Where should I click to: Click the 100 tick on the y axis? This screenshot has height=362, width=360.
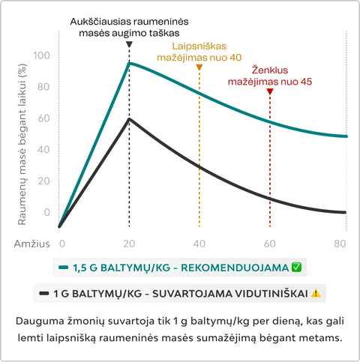point(42,55)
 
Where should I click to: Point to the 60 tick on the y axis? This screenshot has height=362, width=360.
point(44,118)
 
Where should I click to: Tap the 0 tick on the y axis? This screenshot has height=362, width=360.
point(47,212)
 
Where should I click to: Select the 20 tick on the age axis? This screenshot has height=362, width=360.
point(129,244)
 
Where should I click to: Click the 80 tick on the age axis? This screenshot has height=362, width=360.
point(340,244)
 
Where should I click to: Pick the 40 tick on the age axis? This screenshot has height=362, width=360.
point(199,244)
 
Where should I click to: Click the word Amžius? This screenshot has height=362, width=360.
point(32,244)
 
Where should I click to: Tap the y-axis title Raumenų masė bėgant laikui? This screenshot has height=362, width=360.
point(22,145)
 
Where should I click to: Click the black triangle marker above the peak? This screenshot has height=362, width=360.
point(129,44)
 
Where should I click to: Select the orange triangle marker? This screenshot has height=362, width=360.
point(199,67)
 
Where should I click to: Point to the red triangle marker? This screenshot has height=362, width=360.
point(270,91)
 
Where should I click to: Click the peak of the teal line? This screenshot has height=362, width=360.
point(129,64)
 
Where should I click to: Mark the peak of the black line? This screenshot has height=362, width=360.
point(129,119)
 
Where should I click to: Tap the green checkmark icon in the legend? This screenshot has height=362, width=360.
point(296,268)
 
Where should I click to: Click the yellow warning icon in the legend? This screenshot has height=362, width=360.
point(316,293)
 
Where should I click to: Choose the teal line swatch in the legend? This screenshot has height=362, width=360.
point(63,268)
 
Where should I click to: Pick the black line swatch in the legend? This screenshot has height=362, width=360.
point(44,293)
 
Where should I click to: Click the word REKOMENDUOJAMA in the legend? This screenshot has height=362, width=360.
point(235,268)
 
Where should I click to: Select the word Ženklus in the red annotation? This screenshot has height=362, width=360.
point(270,70)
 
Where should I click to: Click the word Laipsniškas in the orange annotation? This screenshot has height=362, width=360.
point(199,46)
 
